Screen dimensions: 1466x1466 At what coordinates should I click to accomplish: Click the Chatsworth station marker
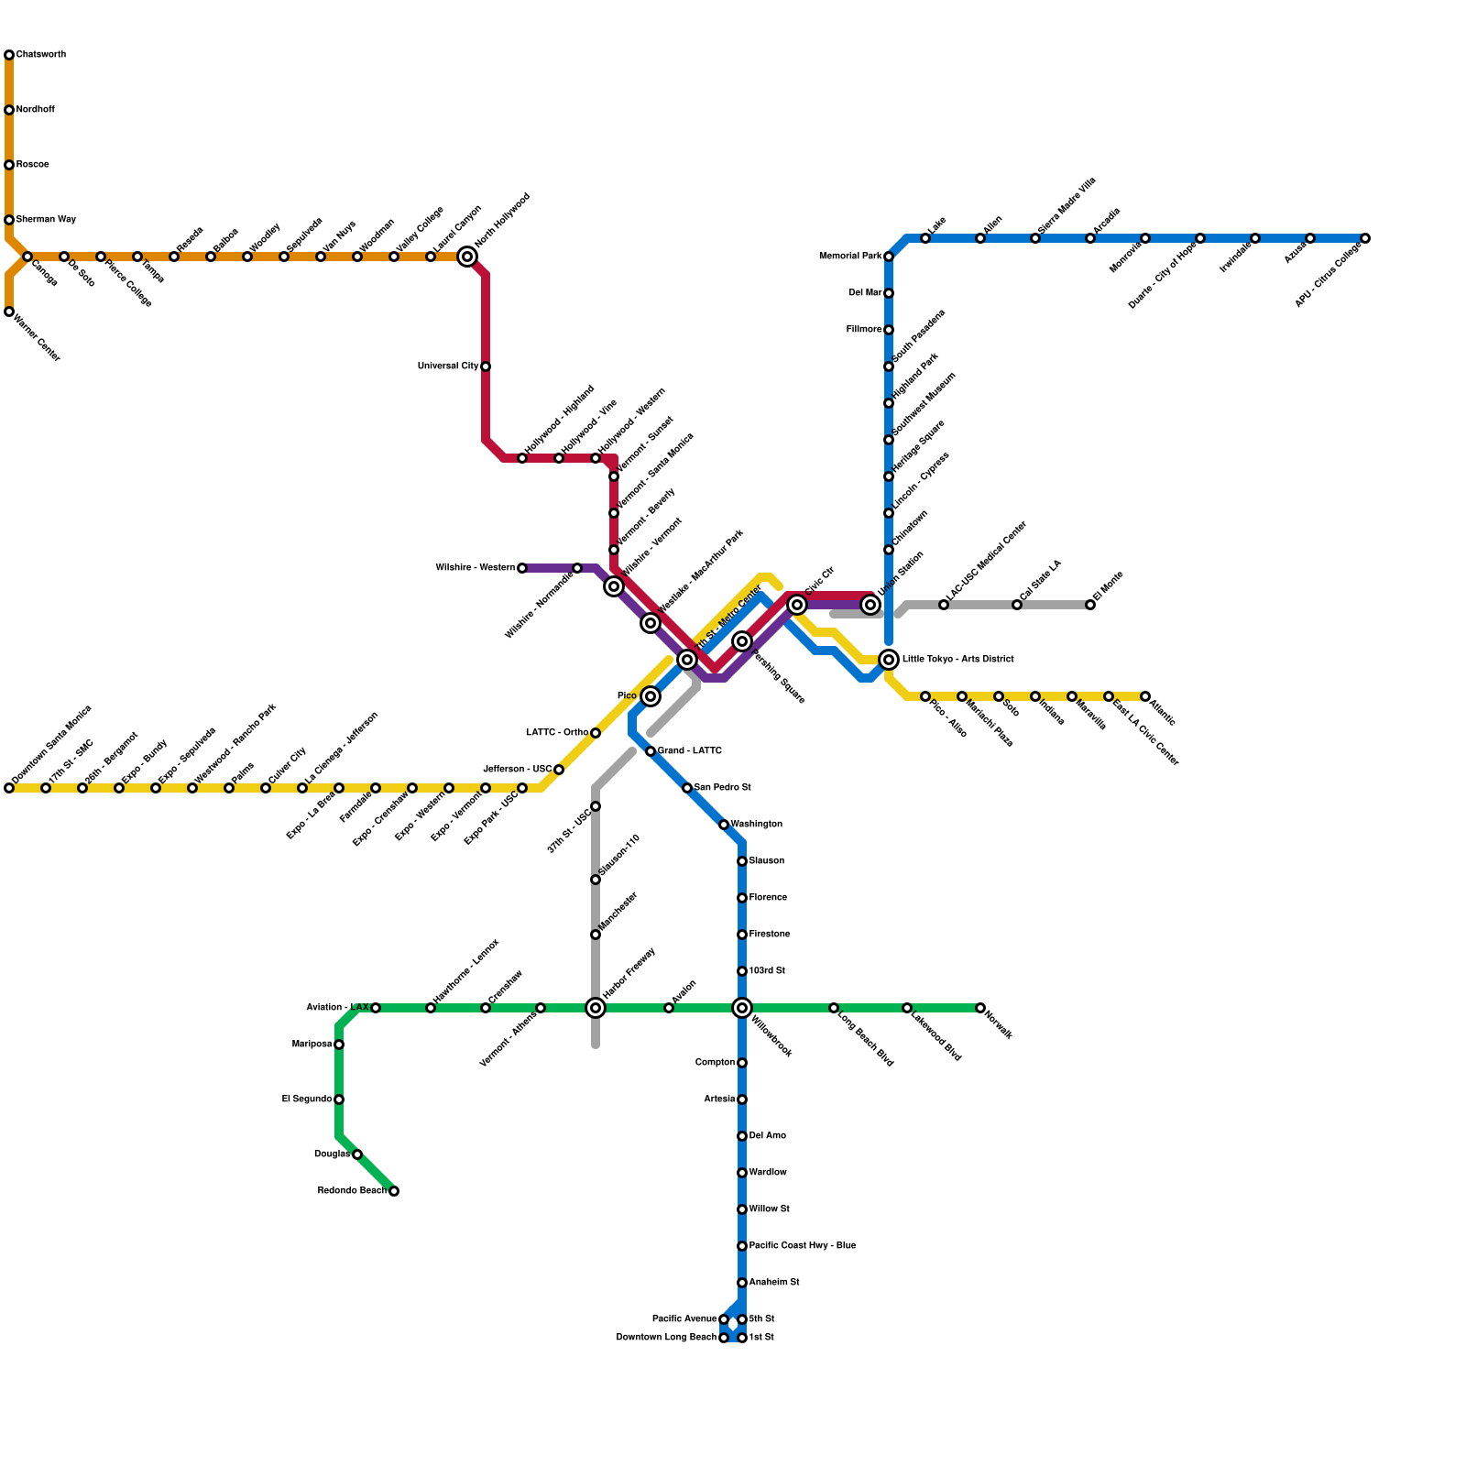pos(9,55)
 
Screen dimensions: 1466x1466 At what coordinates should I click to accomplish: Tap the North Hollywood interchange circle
pos(467,257)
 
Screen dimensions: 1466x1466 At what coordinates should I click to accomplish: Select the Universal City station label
pos(447,366)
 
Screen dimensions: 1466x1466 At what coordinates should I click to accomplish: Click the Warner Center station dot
pos(9,312)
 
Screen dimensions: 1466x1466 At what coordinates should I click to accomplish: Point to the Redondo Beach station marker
pos(394,1191)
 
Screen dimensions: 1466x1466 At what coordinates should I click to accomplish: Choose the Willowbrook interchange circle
pos(742,1008)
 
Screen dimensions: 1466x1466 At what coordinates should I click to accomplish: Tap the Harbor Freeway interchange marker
pos(596,1008)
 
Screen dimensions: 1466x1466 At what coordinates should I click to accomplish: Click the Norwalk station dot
pos(980,1008)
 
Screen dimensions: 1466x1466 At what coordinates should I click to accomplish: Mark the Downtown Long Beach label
pos(666,1338)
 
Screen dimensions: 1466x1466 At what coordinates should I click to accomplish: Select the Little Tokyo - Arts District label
pos(957,660)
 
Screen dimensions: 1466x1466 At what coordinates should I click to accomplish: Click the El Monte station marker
pos(1090,605)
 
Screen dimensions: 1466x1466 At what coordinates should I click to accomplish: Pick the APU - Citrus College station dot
pos(1365,238)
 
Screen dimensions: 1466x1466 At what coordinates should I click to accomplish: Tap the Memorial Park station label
pos(849,257)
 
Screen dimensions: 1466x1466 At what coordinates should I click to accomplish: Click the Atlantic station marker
pos(1145,696)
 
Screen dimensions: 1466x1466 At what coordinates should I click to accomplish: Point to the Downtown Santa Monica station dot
pos(9,788)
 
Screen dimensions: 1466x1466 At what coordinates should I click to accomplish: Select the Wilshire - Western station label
pos(475,568)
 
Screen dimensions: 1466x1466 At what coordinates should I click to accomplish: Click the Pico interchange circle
pos(651,696)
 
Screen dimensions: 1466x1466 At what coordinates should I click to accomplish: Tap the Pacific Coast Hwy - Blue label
pos(802,1246)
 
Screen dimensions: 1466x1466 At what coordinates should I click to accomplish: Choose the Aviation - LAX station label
pos(336,1008)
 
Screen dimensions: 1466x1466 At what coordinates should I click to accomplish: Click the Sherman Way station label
pos(46,220)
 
